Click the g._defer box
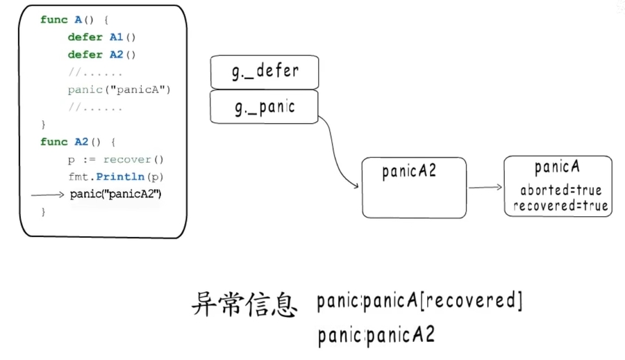(x=265, y=72)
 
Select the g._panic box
(x=264, y=107)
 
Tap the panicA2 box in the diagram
(x=414, y=187)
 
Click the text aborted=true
(x=560, y=190)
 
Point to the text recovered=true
(x=560, y=205)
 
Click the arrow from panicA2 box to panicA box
(x=485, y=187)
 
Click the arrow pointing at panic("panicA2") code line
(x=49, y=195)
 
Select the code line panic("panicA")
(x=119, y=90)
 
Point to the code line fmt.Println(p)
(x=116, y=177)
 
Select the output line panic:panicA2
(x=376, y=336)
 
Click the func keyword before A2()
(x=54, y=142)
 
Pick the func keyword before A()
(x=54, y=19)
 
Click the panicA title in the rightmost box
(x=557, y=167)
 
